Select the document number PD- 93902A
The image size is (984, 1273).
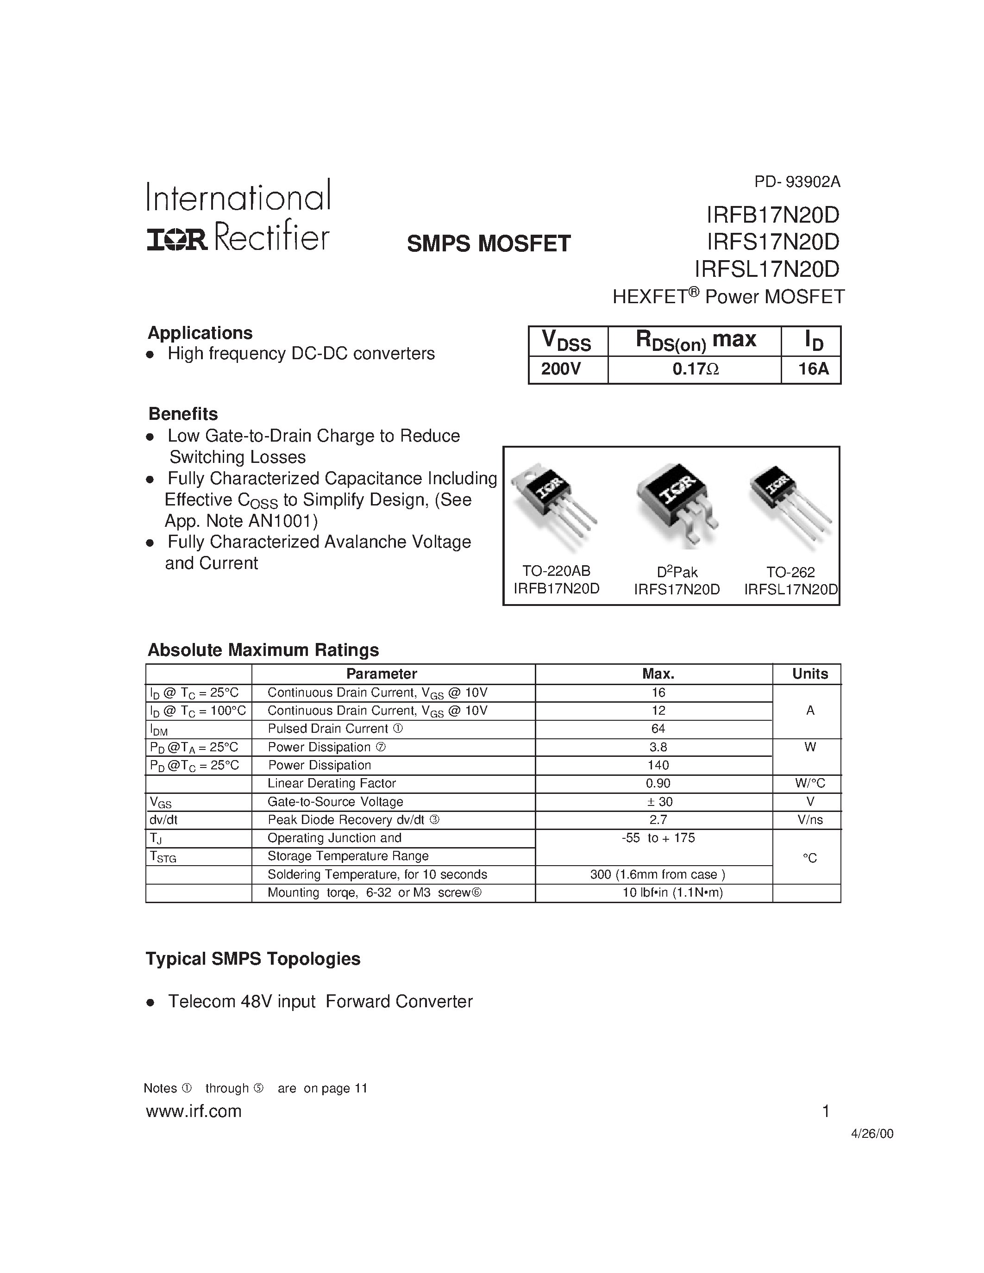click(x=797, y=182)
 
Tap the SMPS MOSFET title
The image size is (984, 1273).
click(x=489, y=243)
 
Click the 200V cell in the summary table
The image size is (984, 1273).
click(x=561, y=369)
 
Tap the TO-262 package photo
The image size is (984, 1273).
click(x=790, y=505)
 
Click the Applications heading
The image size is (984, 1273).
click(x=200, y=333)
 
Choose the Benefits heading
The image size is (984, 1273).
click(x=183, y=414)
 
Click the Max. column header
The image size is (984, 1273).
click(x=658, y=674)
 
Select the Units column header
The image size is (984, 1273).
click(x=810, y=674)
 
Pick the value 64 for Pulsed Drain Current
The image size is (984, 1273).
click(x=658, y=729)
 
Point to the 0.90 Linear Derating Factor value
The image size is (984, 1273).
click(x=658, y=783)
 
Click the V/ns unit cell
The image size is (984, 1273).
click(x=810, y=819)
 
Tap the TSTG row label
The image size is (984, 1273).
click(x=163, y=857)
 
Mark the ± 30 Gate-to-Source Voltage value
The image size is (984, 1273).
click(x=658, y=801)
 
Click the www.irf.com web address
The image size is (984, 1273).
click(x=194, y=1111)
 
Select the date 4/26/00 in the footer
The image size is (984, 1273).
click(x=872, y=1134)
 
